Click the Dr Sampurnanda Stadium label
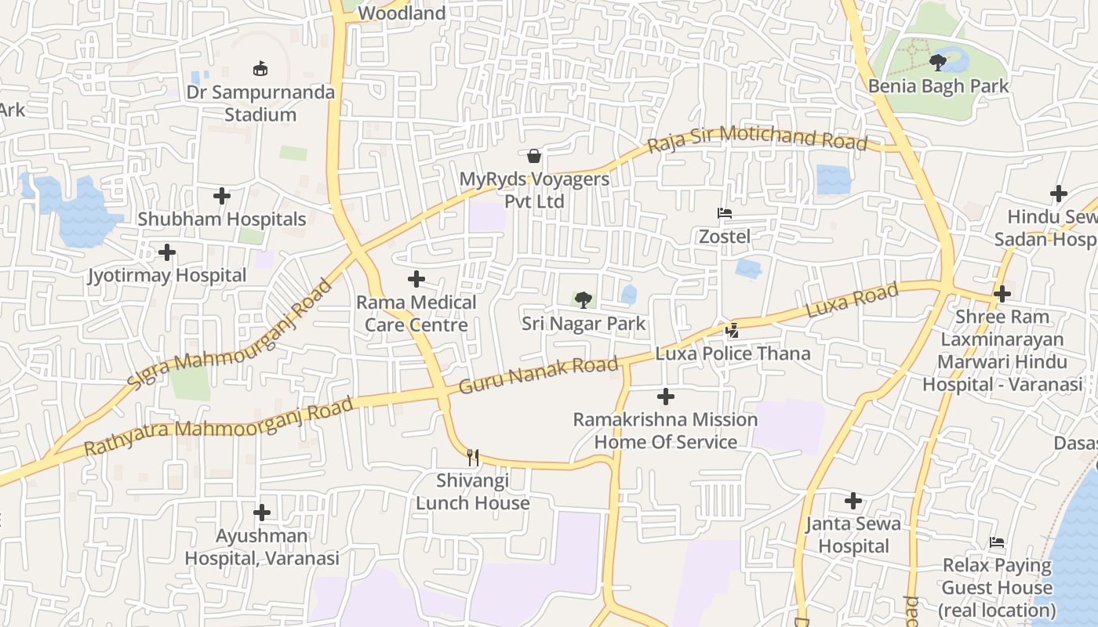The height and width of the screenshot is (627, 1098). (260, 103)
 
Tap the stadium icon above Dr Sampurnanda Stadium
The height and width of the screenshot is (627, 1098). (260, 69)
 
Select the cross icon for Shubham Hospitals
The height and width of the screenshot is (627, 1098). (222, 195)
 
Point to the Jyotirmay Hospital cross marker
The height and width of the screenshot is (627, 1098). (167, 252)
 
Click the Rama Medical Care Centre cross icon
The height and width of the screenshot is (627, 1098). (416, 279)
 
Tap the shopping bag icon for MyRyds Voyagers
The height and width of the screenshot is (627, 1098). (534, 156)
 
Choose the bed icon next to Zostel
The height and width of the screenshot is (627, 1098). (725, 213)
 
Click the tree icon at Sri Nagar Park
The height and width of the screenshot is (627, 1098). (583, 299)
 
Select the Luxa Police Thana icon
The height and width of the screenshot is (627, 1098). (732, 330)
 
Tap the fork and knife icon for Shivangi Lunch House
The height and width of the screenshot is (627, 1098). (472, 457)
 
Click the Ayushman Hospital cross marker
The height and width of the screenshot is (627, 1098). (262, 513)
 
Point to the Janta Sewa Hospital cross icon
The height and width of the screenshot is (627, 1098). (853, 500)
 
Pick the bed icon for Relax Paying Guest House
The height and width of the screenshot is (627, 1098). (997, 542)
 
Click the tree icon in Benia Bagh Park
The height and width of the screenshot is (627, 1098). (937, 62)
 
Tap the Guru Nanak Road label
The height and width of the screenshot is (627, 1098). (539, 375)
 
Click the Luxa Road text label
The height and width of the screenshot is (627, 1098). (852, 302)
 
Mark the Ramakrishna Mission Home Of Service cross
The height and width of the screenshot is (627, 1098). (665, 397)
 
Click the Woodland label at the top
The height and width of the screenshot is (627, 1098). (402, 13)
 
